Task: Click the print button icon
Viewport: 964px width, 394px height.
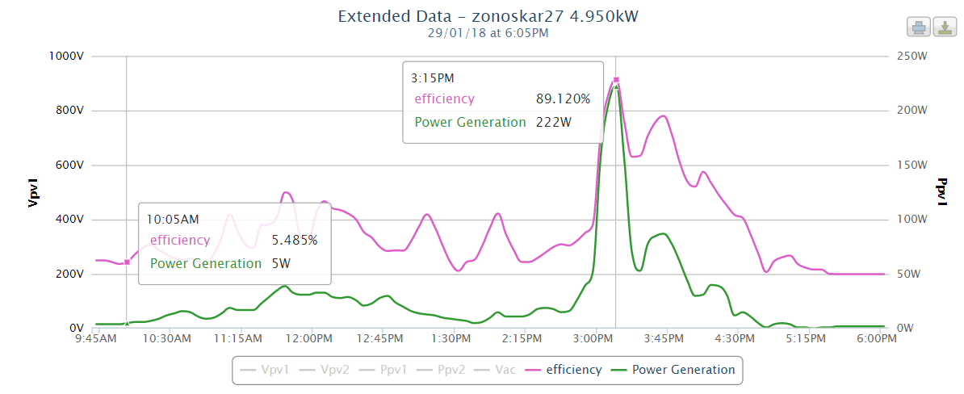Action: coord(919,28)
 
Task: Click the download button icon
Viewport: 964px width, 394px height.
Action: coord(943,28)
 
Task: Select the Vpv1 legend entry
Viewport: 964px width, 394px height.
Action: coord(270,370)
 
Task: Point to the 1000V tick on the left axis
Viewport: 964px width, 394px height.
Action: coord(69,56)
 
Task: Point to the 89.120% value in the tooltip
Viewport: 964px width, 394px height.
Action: coord(564,99)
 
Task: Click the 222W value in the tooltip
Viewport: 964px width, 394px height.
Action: coord(554,123)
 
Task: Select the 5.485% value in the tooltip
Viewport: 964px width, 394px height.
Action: coord(295,240)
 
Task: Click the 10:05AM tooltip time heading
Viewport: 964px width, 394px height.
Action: coord(172,218)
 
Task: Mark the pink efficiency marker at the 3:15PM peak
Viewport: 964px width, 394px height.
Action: coord(616,80)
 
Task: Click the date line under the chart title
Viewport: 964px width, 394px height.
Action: coord(488,33)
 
